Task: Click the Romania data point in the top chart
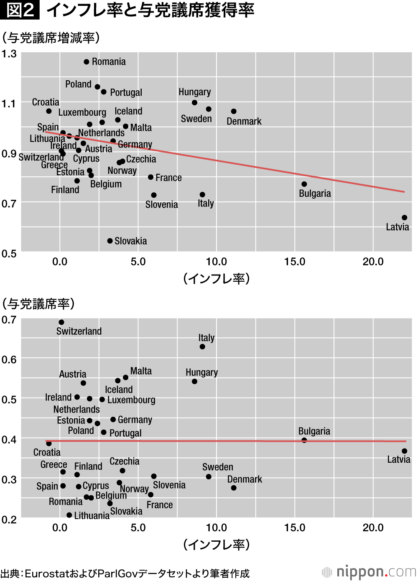tap(87, 62)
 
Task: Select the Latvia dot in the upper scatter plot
tap(404, 218)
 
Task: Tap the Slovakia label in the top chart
tap(130, 241)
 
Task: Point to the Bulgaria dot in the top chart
tap(304, 184)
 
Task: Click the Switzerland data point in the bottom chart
tap(61, 322)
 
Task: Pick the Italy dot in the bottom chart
tap(202, 347)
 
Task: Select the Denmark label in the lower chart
tap(245, 479)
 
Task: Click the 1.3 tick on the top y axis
tap(9, 54)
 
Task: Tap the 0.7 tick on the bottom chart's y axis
tap(9, 320)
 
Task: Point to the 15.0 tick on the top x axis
tap(295, 262)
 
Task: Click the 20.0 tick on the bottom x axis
tap(373, 527)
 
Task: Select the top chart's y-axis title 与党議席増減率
tap(51, 38)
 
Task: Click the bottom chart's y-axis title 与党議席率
tap(38, 304)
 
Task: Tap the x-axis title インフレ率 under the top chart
tap(216, 278)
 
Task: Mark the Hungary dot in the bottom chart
tap(194, 382)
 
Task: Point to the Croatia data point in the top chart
tap(49, 111)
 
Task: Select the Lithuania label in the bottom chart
tap(92, 516)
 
